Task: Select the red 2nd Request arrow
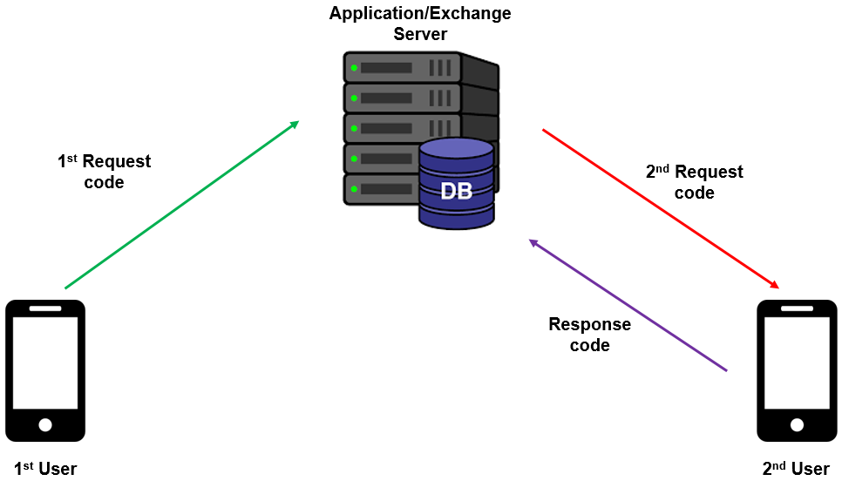pos(660,208)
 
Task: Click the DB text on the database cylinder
pos(456,191)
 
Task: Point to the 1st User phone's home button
pos(45,424)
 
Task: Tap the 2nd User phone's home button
pos(796,424)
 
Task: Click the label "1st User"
pos(45,469)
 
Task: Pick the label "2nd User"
pos(796,469)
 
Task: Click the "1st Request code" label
pos(104,172)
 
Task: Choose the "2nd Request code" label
pos(695,182)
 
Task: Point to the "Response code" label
pos(590,335)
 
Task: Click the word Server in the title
pos(420,35)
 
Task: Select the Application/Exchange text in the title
pos(420,14)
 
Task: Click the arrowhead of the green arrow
pos(295,124)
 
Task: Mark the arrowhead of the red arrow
pos(774,285)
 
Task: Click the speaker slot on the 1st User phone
pos(45,308)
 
